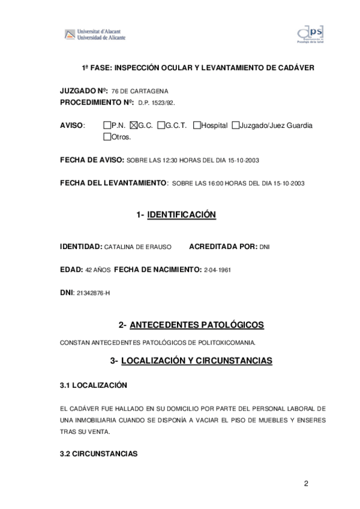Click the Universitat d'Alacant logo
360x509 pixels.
point(95,35)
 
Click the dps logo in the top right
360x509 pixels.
point(310,35)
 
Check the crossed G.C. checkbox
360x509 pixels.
point(133,125)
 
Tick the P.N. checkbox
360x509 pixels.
point(107,125)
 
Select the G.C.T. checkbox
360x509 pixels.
point(161,125)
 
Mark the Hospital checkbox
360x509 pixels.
point(197,125)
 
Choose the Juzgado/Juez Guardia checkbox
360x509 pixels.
point(236,125)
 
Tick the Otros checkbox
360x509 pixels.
point(107,137)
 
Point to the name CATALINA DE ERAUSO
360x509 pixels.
point(138,247)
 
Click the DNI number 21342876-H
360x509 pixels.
point(94,293)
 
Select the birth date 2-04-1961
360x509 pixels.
point(217,270)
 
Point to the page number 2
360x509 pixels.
point(305,484)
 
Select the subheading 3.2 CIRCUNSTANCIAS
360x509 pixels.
point(98,454)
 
